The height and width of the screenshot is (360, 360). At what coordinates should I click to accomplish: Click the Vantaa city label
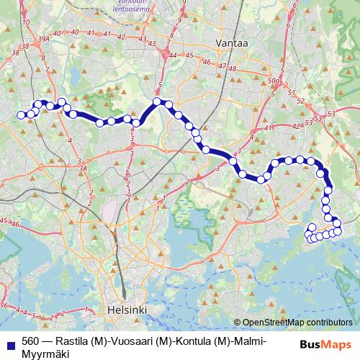tap(233, 43)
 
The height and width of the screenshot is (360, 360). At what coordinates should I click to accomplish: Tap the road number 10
tap(27, 22)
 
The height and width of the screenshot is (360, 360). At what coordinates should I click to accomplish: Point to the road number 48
tap(233, 68)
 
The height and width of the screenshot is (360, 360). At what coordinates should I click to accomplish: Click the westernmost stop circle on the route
tap(22, 114)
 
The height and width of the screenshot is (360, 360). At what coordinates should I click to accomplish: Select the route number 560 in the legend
tap(30, 341)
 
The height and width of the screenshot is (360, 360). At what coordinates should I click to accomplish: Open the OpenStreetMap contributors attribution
tap(297, 323)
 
